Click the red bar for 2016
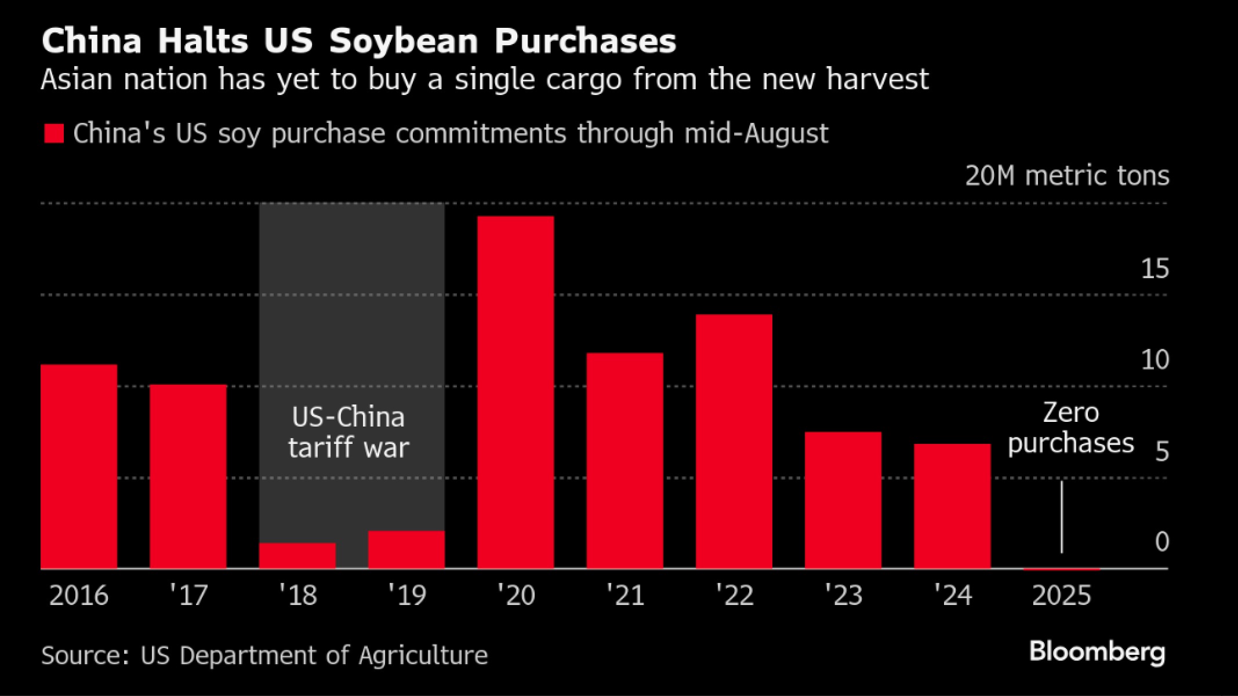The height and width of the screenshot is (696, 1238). point(79,467)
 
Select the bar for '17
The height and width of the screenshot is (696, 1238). point(188,476)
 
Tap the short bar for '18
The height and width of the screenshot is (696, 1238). point(297,556)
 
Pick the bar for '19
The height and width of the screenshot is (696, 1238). point(406,549)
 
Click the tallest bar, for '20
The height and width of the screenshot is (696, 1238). point(515,392)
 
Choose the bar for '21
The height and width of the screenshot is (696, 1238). point(625,461)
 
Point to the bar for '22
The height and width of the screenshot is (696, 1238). point(734,442)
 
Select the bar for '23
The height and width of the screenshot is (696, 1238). point(843,500)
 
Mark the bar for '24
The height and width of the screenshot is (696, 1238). point(952,506)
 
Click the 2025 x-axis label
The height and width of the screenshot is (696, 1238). point(1061,596)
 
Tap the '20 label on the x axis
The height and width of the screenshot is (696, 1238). point(515,596)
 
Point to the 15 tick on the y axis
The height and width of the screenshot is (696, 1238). point(1155,269)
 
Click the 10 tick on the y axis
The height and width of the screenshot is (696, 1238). point(1155,360)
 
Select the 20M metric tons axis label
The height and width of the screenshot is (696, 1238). point(1067,176)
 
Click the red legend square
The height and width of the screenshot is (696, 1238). point(54,134)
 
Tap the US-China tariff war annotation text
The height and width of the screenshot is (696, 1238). point(348,432)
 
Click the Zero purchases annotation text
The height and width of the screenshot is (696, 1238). point(1070,428)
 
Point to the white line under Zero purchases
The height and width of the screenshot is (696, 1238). point(1062,516)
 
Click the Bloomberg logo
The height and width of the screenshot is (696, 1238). point(1097,652)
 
